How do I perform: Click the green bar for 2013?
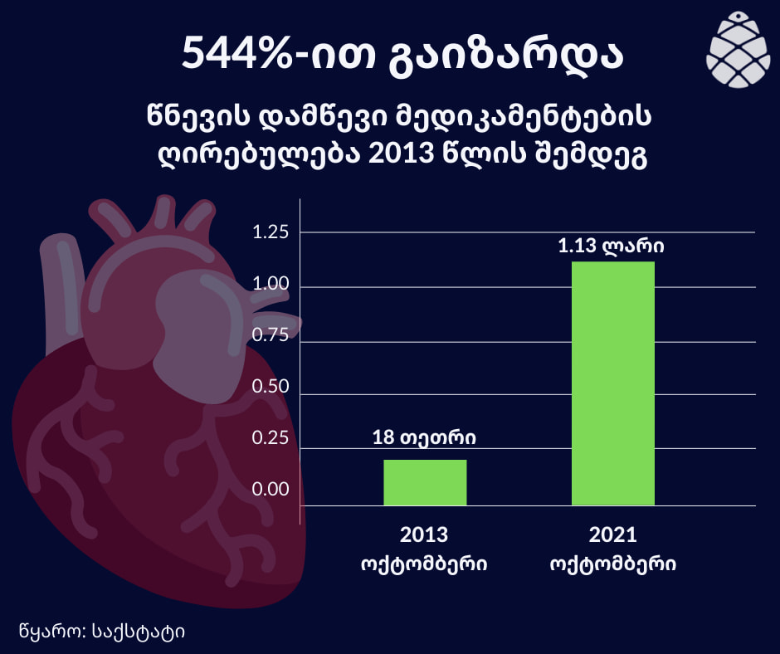tap(425, 482)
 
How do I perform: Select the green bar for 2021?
tap(613, 383)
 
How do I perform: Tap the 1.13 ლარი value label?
tap(613, 246)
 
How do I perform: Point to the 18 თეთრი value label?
tap(425, 437)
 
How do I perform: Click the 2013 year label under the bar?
tap(424, 534)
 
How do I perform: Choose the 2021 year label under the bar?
tap(613, 534)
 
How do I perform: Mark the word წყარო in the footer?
tap(46, 632)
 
